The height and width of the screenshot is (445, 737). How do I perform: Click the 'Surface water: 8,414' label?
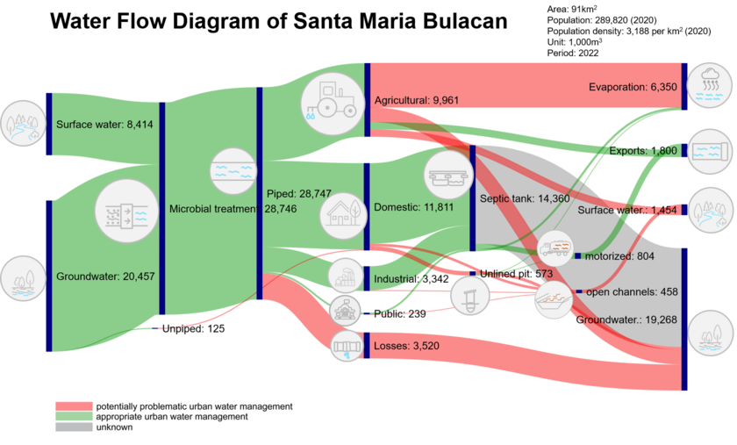click(104, 125)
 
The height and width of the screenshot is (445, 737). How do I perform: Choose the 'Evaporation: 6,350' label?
click(633, 87)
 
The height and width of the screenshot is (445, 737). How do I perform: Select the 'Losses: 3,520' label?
click(406, 346)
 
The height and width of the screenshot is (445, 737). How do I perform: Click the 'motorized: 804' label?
click(619, 255)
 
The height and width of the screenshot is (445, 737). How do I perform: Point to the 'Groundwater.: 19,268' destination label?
click(626, 320)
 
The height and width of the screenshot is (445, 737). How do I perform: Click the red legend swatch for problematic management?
click(74, 406)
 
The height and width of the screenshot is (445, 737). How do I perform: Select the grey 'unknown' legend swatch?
click(74, 427)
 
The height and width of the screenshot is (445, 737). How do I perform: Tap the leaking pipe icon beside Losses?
click(345, 347)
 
